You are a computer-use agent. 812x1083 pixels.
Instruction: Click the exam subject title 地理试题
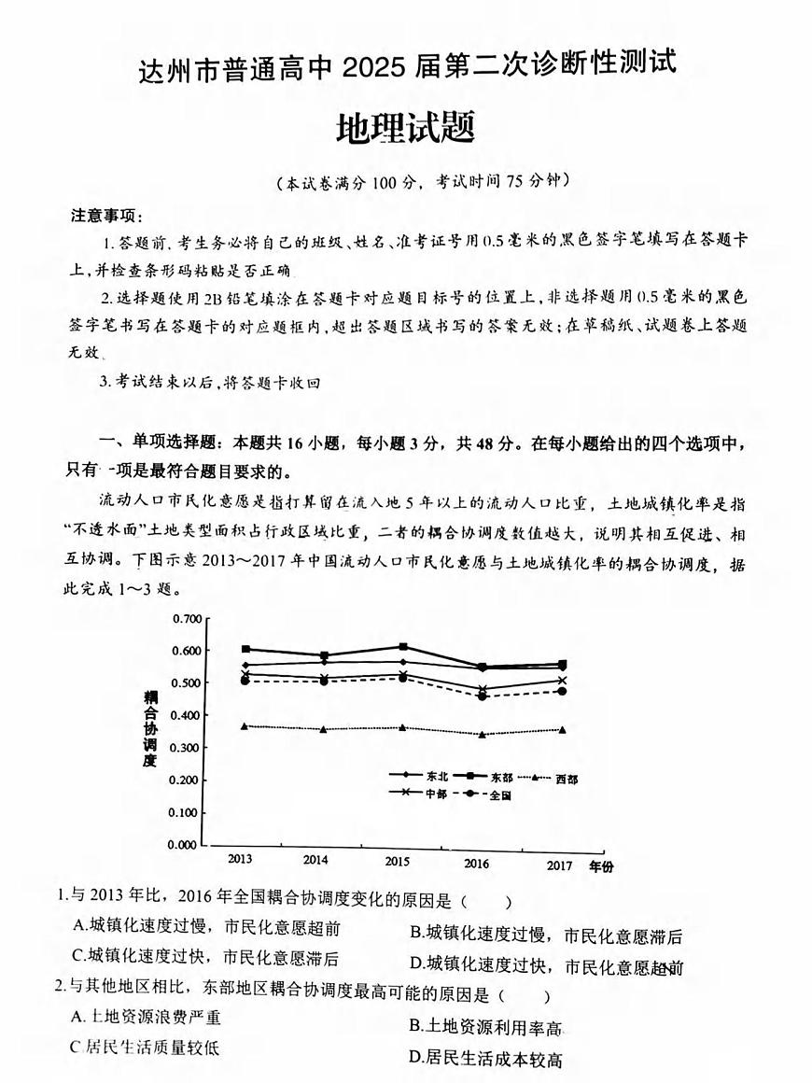(x=405, y=127)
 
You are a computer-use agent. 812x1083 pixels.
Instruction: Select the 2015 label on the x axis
(x=398, y=860)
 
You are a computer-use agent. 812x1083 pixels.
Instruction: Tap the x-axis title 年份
(x=602, y=866)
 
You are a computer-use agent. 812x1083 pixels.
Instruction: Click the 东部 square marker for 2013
(x=245, y=649)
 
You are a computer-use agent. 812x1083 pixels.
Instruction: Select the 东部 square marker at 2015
(x=402, y=646)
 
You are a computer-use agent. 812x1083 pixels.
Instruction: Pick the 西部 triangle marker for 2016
(x=482, y=735)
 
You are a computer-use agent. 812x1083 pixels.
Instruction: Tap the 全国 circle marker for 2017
(x=562, y=691)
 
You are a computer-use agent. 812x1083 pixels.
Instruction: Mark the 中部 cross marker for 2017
(x=562, y=681)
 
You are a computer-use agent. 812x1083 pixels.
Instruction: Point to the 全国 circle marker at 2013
(x=245, y=681)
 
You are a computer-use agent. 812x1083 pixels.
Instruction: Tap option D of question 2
(x=415, y=1058)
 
